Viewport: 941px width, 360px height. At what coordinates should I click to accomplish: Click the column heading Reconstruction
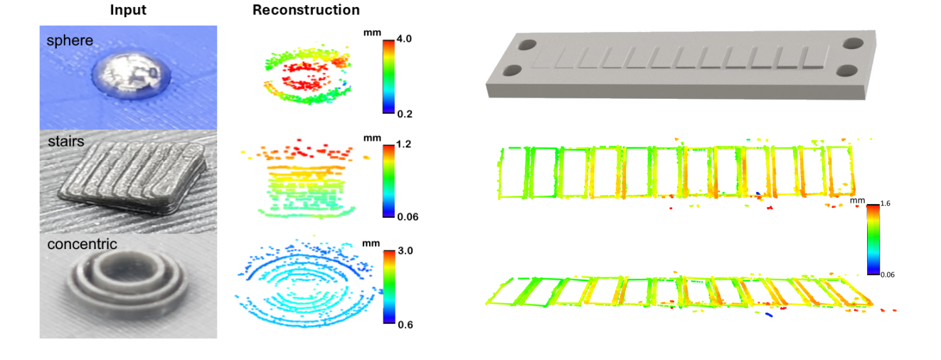tap(306, 11)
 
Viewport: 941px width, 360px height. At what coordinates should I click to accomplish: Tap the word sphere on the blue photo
tap(70, 40)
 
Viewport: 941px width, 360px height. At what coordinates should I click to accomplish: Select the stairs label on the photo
tap(65, 142)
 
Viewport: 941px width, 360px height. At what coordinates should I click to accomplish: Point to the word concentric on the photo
tap(82, 244)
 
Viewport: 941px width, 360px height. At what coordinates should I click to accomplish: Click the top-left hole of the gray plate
tap(527, 45)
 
